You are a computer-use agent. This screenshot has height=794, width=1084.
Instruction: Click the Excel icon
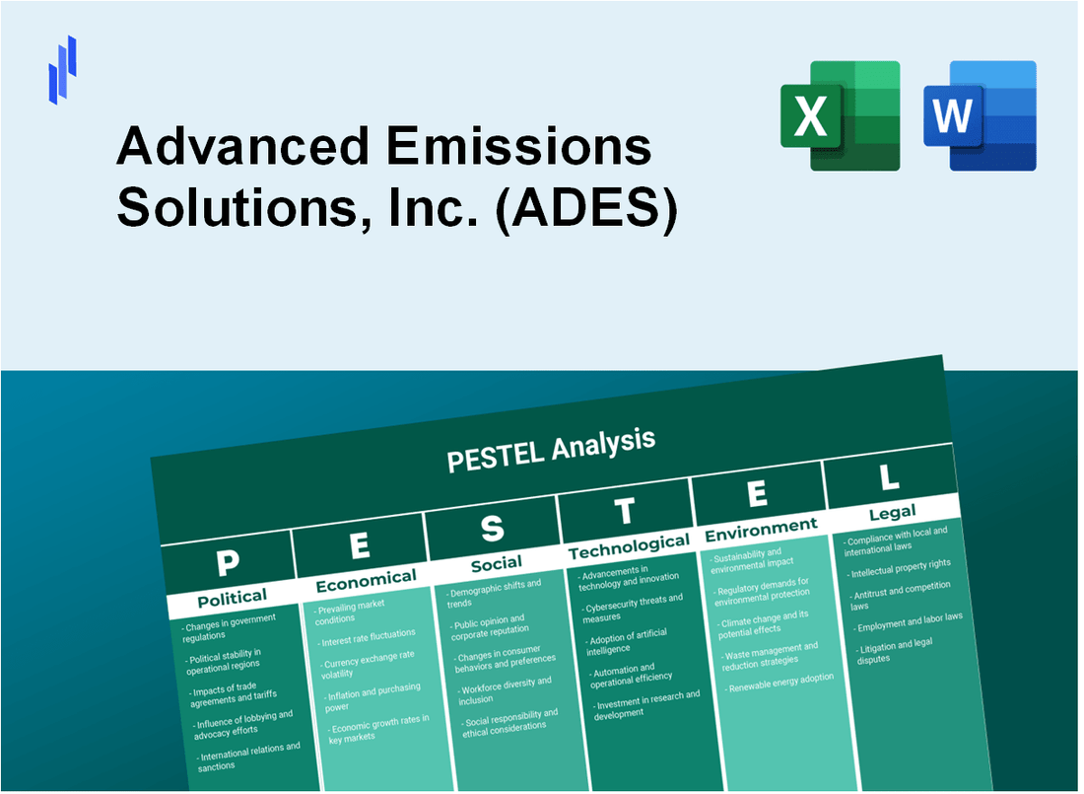pyautogui.click(x=840, y=115)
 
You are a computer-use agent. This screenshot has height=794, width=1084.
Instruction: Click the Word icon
pyautogui.click(x=980, y=115)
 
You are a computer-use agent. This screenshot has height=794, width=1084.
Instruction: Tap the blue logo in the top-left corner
pyautogui.click(x=62, y=69)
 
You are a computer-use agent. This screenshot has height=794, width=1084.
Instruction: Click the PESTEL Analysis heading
pyautogui.click(x=551, y=449)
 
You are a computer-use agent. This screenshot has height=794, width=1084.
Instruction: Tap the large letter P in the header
pyautogui.click(x=227, y=562)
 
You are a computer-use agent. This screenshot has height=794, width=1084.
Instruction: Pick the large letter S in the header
pyautogui.click(x=492, y=530)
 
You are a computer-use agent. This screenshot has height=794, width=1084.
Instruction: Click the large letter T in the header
pyautogui.click(x=625, y=511)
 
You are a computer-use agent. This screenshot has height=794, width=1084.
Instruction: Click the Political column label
pyautogui.click(x=232, y=597)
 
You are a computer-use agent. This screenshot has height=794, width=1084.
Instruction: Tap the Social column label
pyautogui.click(x=496, y=563)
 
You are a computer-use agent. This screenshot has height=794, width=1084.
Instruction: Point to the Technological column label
pyautogui.click(x=629, y=545)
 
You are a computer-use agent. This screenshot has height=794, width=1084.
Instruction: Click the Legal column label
pyautogui.click(x=892, y=511)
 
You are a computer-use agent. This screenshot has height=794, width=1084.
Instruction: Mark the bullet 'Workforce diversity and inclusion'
pyautogui.click(x=504, y=690)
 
